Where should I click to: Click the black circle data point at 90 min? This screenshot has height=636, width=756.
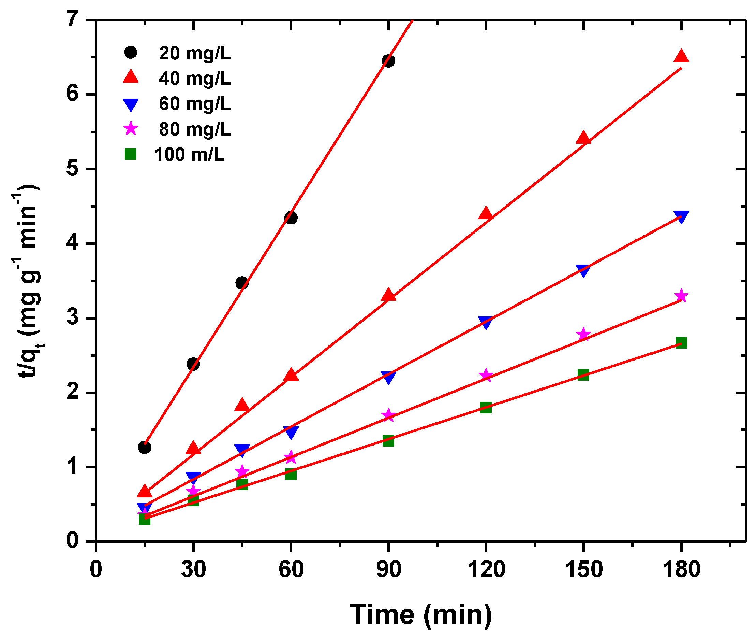tap(388, 60)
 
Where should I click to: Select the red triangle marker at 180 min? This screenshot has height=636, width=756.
tap(681, 57)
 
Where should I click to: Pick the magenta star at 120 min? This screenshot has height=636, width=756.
tap(486, 375)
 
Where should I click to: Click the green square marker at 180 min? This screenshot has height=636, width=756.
tap(681, 342)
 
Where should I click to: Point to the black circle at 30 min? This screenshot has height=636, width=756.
tap(193, 364)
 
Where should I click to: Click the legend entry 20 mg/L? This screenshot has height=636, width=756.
tap(194, 53)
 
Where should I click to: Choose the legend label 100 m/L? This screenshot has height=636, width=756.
tap(189, 155)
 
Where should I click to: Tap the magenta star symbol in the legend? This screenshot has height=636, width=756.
tap(131, 129)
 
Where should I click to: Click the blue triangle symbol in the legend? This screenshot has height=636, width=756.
tap(131, 104)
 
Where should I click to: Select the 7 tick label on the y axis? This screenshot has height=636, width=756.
tap(73, 19)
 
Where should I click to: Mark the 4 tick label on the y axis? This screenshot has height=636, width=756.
tap(73, 243)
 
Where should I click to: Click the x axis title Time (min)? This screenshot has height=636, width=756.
tap(421, 614)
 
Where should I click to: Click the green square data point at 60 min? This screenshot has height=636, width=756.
tap(291, 474)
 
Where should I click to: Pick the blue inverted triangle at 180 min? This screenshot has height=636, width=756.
tap(681, 217)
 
